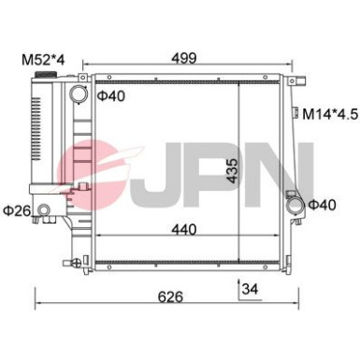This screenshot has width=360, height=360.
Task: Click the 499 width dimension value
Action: (x=185, y=58)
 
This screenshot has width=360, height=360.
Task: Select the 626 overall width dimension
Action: (x=170, y=296)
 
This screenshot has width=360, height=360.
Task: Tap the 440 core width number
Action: (x=184, y=229)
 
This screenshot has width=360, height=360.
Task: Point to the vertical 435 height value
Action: (x=232, y=170)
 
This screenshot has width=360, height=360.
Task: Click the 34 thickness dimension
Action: (x=251, y=289)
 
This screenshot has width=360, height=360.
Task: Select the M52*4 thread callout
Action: (x=43, y=60)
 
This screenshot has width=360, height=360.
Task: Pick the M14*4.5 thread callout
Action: (x=330, y=114)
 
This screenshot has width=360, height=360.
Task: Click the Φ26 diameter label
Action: (x=17, y=211)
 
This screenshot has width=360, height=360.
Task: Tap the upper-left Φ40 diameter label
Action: (x=111, y=95)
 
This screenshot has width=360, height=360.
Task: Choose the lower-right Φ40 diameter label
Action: (x=323, y=205)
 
